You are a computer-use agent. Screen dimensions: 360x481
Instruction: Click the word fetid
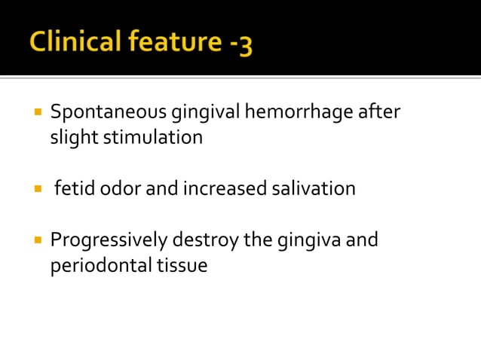click(72, 188)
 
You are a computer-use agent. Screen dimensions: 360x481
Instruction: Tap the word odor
click(119, 188)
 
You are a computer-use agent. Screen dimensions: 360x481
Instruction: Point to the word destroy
click(206, 241)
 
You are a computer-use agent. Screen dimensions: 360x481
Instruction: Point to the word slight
click(72, 138)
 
